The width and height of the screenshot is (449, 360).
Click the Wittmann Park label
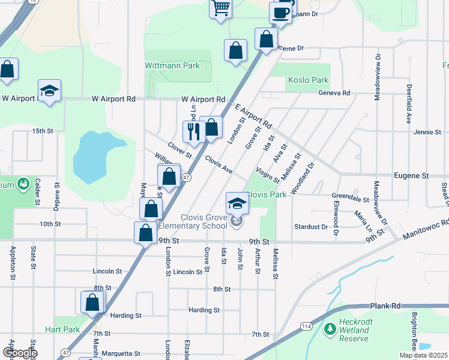(172, 65)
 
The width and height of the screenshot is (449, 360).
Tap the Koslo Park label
(308, 80)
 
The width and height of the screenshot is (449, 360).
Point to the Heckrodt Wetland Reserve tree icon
(329, 329)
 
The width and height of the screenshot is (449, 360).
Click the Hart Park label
(62, 329)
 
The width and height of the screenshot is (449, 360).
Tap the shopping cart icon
(221, 8)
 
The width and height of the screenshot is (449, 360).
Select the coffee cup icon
(280, 11)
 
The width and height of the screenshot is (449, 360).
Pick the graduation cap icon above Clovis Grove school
(237, 203)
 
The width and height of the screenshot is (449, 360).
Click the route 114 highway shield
(307, 326)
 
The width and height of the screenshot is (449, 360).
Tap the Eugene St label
(411, 176)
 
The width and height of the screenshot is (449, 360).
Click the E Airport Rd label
(254, 117)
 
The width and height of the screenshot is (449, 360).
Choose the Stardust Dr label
(311, 227)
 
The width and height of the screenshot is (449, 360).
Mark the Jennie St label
(427, 131)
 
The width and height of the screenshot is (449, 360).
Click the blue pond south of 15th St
(96, 157)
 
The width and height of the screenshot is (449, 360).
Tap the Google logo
(20, 353)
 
